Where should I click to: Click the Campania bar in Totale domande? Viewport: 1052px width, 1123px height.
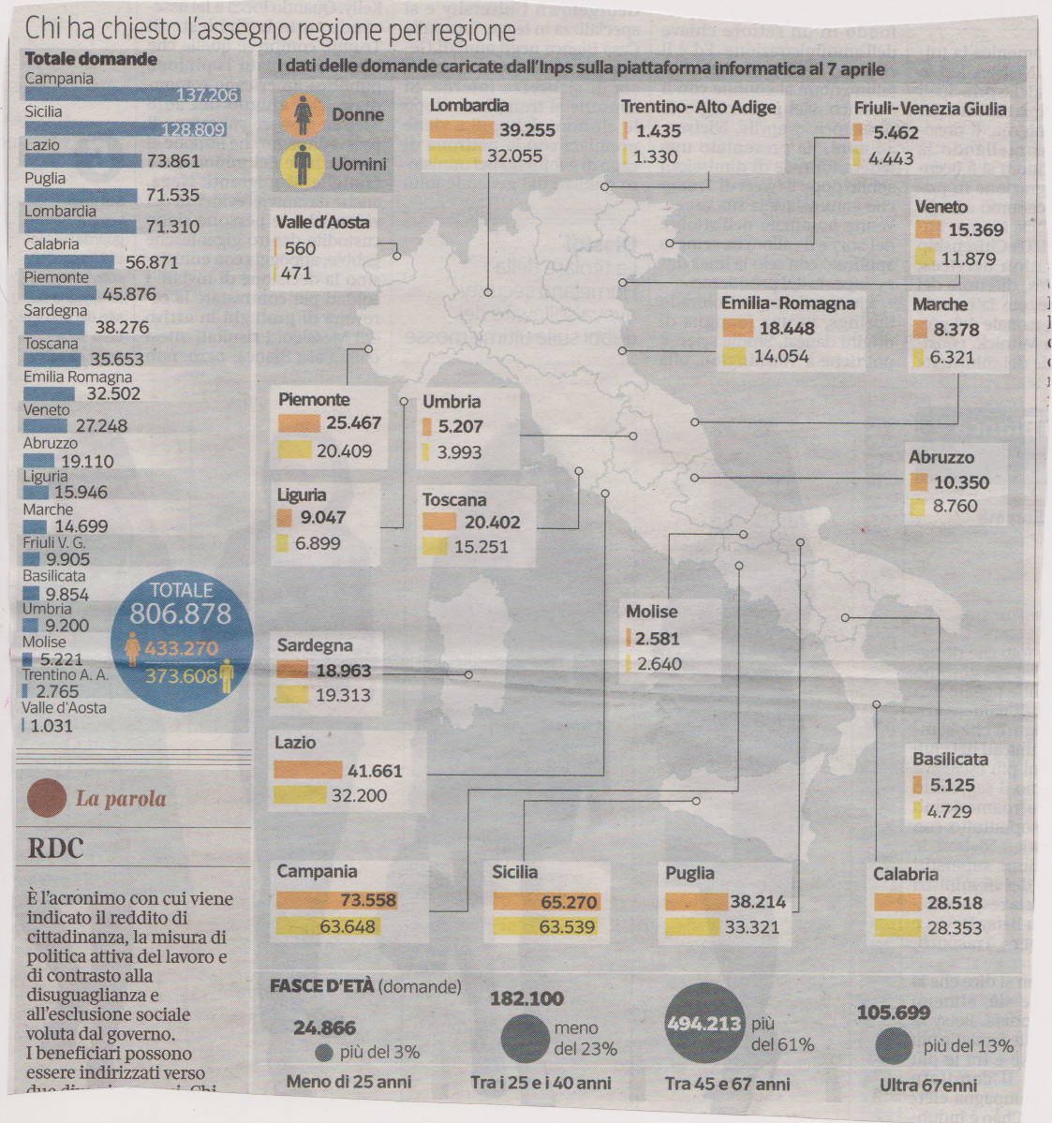[131, 95]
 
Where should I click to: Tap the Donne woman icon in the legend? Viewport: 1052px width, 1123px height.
[303, 114]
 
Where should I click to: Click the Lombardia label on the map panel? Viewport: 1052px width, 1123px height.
[468, 106]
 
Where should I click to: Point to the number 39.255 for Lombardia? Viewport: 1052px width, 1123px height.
[527, 130]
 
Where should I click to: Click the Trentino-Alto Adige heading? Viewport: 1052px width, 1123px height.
[698, 107]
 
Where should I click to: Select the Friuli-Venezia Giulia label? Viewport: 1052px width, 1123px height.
[929, 108]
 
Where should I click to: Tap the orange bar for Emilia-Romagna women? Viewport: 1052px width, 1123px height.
[737, 329]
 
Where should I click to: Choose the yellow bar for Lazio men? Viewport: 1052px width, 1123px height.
[301, 796]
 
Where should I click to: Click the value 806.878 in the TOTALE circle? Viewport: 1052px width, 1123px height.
[180, 614]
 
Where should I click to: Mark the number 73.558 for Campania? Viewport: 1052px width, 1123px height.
[367, 900]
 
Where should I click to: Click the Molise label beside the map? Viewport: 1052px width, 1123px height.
[651, 612]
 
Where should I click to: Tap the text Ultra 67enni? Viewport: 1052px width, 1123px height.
[927, 1085]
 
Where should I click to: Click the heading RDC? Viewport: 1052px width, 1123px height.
[56, 849]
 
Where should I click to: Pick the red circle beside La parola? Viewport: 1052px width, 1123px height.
[46, 799]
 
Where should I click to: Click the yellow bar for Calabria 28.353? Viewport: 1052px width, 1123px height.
[896, 928]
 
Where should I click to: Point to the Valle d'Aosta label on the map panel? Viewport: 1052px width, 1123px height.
[322, 223]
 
